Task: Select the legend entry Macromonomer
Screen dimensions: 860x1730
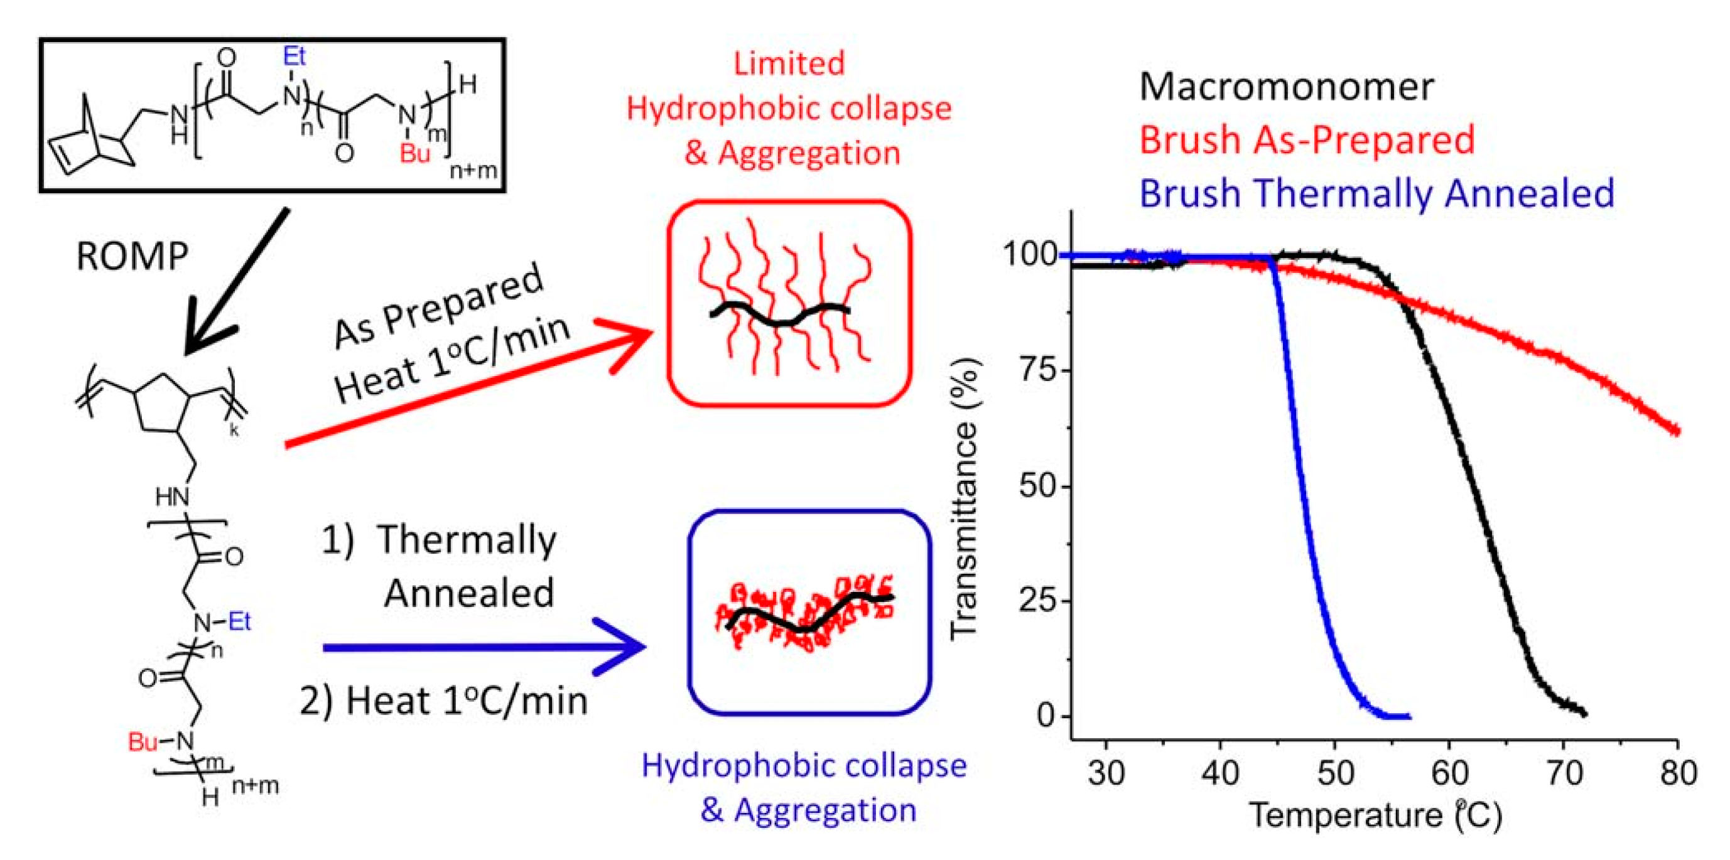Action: click(1286, 87)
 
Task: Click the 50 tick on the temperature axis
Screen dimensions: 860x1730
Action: click(1334, 773)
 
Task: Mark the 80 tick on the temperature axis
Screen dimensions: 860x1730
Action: click(1678, 773)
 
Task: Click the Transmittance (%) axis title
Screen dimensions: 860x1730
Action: click(965, 497)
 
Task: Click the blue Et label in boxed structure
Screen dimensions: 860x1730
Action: click(294, 56)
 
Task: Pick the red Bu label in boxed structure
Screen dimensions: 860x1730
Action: click(414, 154)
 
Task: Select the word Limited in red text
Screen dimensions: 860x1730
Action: click(789, 64)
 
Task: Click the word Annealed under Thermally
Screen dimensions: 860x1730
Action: click(469, 593)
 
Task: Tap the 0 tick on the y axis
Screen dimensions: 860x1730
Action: click(1046, 716)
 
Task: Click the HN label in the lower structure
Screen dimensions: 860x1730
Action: click(173, 497)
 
